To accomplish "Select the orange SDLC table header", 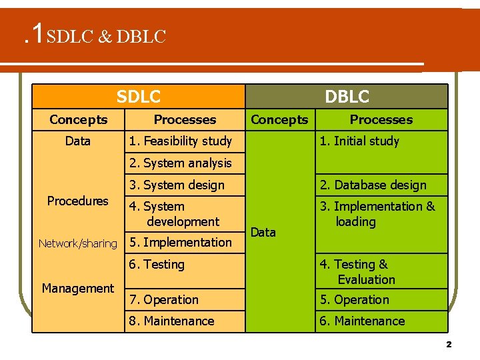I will [139, 97].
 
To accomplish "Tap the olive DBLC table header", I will [347, 97].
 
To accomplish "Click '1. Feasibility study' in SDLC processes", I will [181, 141].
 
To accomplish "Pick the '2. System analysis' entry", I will [181, 163].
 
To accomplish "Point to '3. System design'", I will [177, 185].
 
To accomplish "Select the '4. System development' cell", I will [174, 214].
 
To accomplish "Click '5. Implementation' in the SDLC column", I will [181, 242].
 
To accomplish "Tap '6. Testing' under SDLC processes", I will [157, 265].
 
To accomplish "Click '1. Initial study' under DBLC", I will [359, 141].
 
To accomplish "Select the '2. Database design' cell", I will [372, 185].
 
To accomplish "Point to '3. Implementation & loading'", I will [377, 214].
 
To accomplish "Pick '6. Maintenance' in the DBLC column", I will [362, 321].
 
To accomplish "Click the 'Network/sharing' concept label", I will [77, 243].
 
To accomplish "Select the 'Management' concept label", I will [78, 288].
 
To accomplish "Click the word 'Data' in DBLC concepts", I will [263, 232].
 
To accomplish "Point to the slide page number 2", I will [449, 344].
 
